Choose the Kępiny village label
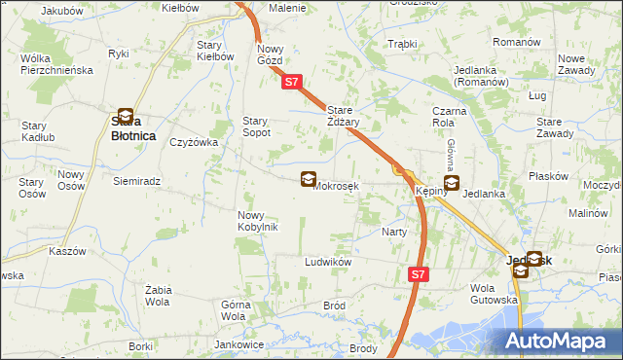(430, 192)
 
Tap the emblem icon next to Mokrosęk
(309, 179)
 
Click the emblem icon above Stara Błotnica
(126, 116)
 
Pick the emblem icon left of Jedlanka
(451, 183)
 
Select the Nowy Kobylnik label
(258, 221)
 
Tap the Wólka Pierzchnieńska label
(55, 64)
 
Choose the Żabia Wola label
(158, 296)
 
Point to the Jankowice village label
(239, 344)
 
